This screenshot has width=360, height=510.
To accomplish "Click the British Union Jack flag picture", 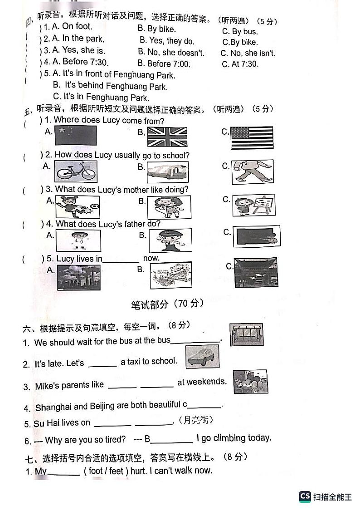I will [x=167, y=137].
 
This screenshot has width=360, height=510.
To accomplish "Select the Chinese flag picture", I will [x=75, y=135].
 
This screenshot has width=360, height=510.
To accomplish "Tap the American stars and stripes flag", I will [x=252, y=137].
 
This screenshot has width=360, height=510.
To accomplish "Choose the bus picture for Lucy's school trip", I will [x=167, y=172].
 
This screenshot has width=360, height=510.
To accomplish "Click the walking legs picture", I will [x=252, y=171].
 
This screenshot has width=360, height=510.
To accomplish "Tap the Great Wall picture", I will [x=170, y=275].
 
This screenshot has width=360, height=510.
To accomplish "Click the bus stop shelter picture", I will [x=246, y=335].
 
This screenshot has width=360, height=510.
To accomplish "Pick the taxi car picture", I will [x=202, y=357].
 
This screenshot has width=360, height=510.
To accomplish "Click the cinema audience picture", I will [x=250, y=381].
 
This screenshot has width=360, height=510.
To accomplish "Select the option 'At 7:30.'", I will [x=240, y=64].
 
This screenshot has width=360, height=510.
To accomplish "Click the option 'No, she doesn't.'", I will [x=171, y=53].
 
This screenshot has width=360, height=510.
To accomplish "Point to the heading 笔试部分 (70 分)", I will [x=167, y=304].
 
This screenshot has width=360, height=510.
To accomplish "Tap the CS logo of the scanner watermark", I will [x=305, y=497].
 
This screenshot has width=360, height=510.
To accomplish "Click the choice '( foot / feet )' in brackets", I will [x=106, y=471].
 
